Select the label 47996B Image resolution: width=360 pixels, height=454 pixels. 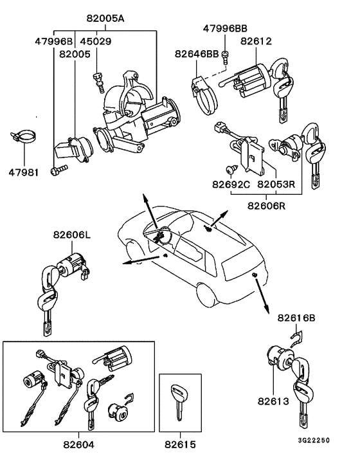55,41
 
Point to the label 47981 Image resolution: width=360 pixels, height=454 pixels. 23,172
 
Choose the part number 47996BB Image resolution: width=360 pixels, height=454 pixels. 225,29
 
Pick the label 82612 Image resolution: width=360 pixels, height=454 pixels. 256,41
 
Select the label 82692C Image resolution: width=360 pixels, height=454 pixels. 230,184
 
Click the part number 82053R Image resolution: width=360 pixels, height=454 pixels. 276,184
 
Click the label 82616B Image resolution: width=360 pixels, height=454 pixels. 297,318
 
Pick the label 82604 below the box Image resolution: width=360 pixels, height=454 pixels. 79,444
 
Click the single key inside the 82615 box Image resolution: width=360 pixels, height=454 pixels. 177,399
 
